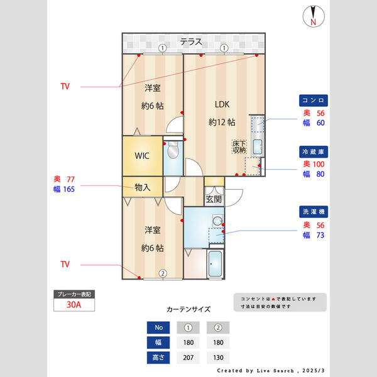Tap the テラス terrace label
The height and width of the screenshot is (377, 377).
(191, 42)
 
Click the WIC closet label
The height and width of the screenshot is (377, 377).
(142, 156)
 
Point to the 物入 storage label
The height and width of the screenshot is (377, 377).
(143, 187)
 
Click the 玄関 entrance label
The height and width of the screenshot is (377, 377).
(214, 199)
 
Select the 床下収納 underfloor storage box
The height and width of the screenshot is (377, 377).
(239, 146)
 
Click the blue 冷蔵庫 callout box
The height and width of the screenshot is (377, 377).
(313, 151)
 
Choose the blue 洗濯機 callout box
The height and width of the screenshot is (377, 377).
(313, 212)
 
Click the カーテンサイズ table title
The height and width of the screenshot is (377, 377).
(188, 309)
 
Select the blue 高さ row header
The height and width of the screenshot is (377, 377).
(158, 358)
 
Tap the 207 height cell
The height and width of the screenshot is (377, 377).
(188, 358)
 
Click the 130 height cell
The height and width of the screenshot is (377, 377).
(217, 358)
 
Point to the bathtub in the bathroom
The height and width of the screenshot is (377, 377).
(216, 265)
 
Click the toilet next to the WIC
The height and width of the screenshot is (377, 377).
(173, 151)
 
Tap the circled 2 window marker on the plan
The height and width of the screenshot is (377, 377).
(162, 273)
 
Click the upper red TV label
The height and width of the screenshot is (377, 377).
(65, 86)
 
